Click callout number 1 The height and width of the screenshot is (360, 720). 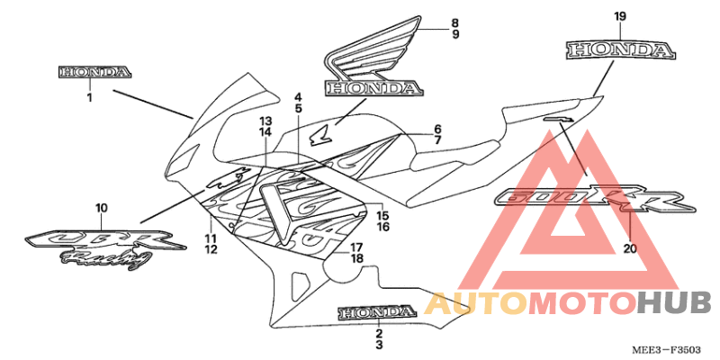89,97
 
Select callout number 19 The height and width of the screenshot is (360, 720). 620,17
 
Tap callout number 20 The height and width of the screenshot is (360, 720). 631,249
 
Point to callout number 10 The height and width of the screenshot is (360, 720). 102,208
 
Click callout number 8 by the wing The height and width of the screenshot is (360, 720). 454,22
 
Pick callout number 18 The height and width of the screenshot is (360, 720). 356,258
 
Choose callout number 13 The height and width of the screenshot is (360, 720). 265,121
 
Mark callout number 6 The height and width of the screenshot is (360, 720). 437,129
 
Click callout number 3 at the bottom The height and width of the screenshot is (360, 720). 379,345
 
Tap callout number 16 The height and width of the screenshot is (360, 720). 383,227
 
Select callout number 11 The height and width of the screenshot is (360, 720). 211,238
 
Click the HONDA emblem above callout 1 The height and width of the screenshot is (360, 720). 95,73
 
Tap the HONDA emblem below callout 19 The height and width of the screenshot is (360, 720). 620,49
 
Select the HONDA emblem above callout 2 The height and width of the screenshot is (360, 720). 375,312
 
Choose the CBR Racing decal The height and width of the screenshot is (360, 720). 105,248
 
